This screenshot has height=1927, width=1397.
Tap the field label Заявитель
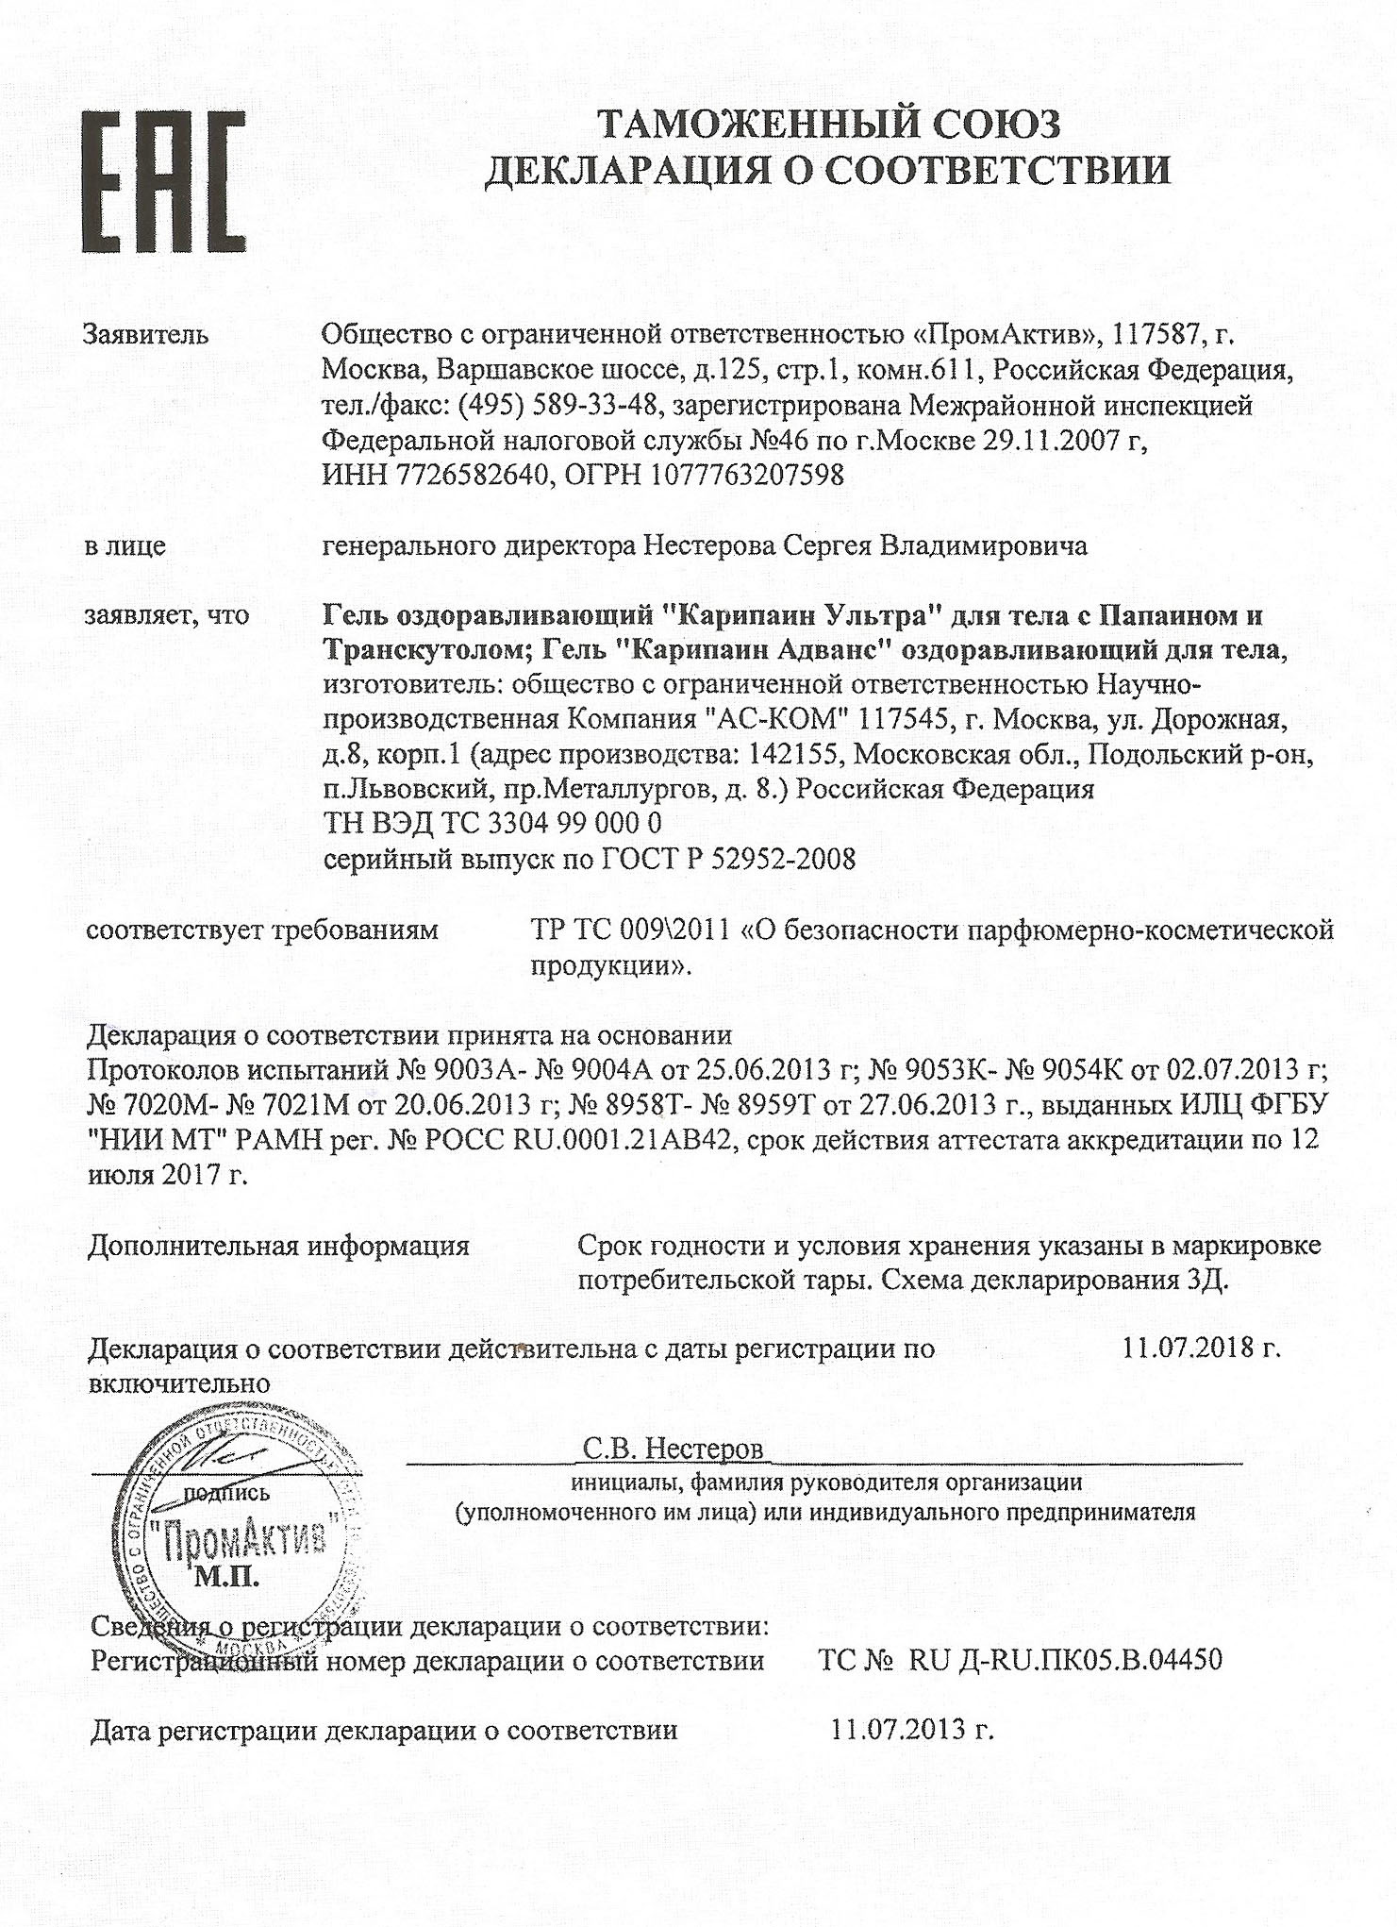pos(146,334)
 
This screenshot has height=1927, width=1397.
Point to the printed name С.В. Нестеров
pos(673,1449)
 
